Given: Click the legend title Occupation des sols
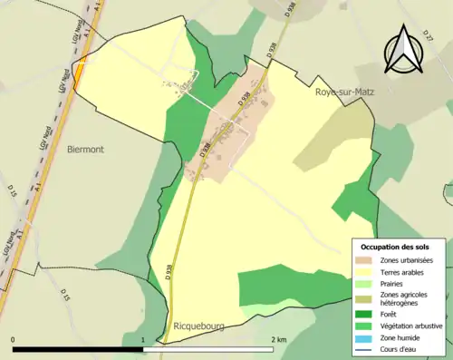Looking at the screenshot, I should pos(395,247).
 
